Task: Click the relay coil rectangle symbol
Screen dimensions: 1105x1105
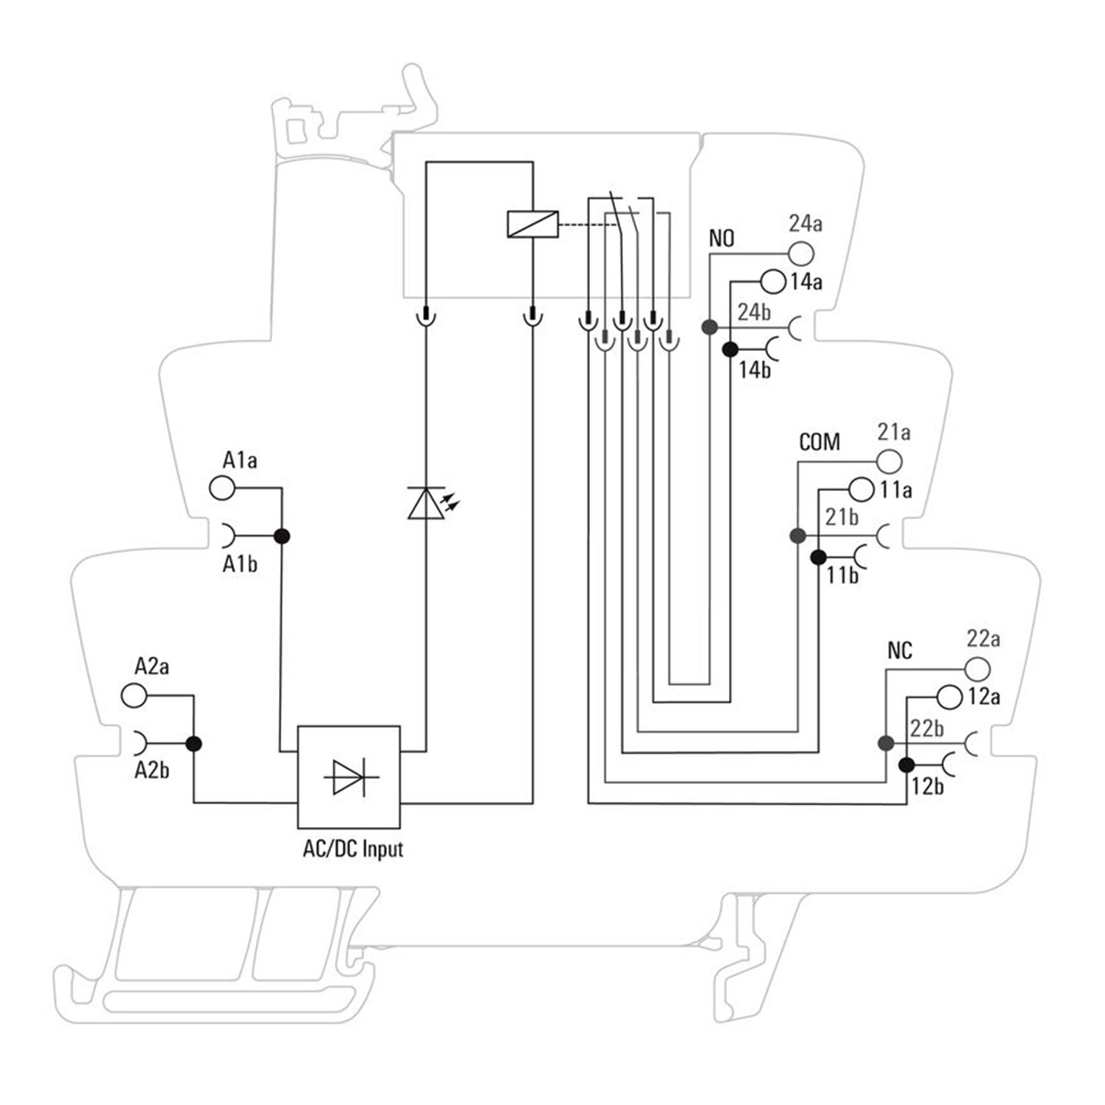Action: tap(533, 224)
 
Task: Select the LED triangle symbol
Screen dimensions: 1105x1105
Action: tap(426, 504)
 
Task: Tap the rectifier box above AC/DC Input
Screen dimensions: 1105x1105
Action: tap(349, 777)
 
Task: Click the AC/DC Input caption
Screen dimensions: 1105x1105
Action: tap(353, 849)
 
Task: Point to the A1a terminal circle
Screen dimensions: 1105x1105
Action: tap(222, 487)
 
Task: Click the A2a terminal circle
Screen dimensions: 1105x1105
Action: tap(134, 695)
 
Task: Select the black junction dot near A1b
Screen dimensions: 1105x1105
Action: tap(281, 536)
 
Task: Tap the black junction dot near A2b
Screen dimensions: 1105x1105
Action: tap(193, 744)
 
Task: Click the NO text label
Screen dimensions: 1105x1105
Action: tap(722, 238)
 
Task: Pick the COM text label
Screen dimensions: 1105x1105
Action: tap(820, 442)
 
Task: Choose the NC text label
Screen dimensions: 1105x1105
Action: tap(900, 650)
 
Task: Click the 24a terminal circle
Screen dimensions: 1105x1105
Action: tap(801, 254)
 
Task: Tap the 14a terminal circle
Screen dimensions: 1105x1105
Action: tap(773, 281)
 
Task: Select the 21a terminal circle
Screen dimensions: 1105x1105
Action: tap(889, 462)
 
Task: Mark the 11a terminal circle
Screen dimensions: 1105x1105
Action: tap(861, 489)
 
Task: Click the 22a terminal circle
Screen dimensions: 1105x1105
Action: tap(978, 669)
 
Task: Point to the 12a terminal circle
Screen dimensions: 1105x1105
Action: tap(950, 697)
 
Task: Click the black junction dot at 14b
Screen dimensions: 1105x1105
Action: tap(730, 349)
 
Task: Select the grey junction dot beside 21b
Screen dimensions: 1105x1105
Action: tap(797, 536)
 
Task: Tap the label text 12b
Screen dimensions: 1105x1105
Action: tap(928, 786)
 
